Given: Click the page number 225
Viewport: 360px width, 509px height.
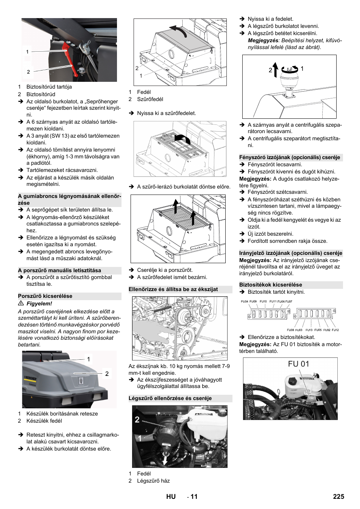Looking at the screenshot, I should point(338,497).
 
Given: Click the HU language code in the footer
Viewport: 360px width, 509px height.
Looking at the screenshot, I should point(171,497).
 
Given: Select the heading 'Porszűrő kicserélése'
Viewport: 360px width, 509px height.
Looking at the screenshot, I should point(45,296).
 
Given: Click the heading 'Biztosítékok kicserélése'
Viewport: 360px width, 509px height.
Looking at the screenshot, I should point(271,285).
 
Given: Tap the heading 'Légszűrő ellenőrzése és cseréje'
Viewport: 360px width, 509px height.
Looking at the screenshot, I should point(170,399).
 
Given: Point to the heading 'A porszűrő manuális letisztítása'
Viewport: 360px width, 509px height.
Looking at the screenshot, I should point(60,271).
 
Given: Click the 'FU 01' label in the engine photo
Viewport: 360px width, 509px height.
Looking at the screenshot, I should point(298,364).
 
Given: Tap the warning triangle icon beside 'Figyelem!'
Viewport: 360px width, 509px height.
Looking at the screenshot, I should point(21,304).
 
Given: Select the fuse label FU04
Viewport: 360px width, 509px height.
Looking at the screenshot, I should point(245,302).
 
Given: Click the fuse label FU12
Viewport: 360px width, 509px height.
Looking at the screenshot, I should point(335,330).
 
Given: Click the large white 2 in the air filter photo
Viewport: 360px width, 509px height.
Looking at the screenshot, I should point(137,420).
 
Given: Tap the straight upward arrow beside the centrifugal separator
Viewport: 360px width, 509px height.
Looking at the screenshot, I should point(275,70).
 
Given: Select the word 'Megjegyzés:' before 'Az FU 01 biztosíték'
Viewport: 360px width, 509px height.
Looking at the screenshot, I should point(255,345).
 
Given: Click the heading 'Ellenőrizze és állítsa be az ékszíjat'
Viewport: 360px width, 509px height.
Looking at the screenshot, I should point(173,290).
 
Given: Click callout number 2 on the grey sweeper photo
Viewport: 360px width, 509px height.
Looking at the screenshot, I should point(107,374).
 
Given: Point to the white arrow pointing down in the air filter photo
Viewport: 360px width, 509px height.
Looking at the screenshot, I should point(165,460).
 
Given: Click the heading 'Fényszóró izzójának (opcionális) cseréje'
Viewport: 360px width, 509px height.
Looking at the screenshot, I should point(289,158).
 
